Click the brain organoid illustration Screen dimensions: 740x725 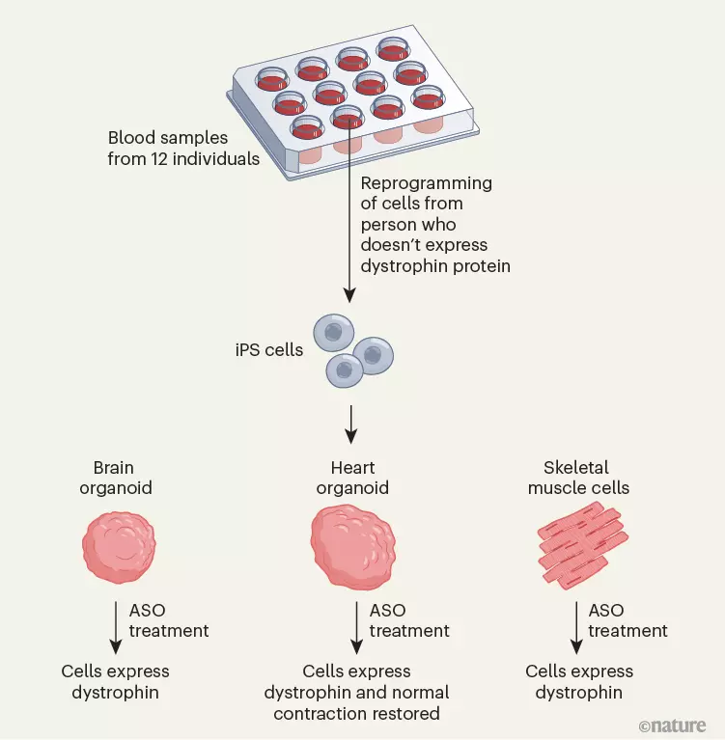(118, 547)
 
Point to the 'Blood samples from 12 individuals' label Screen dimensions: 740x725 (183, 148)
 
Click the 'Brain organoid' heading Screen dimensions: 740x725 (117, 477)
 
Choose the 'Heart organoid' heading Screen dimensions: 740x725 (352, 477)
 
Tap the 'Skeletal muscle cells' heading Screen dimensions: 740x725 (578, 477)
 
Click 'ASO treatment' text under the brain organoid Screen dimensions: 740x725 (168, 620)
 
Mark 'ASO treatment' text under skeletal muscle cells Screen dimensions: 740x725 (627, 620)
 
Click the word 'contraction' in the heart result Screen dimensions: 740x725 (356, 714)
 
